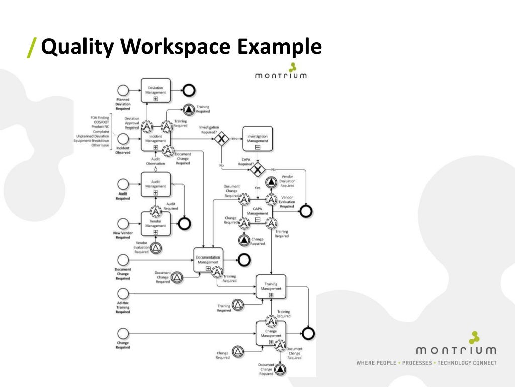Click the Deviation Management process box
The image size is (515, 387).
[155, 90]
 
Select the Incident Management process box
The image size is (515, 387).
[155, 138]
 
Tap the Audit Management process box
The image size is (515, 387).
[155, 184]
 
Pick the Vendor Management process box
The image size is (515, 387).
[155, 224]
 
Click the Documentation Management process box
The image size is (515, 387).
[208, 260]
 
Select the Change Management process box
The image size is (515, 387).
[271, 333]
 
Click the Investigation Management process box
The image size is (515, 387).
[257, 139]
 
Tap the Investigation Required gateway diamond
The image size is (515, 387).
[220, 139]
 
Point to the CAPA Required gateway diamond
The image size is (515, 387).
[258, 170]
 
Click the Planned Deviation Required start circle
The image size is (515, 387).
[123, 90]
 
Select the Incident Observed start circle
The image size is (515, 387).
[123, 139]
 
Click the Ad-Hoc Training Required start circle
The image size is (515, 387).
[123, 293]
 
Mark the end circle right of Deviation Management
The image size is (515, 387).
[189, 90]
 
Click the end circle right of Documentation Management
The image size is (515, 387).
[244, 260]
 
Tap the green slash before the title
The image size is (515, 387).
[32, 48]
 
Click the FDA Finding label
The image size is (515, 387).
[100, 117]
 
